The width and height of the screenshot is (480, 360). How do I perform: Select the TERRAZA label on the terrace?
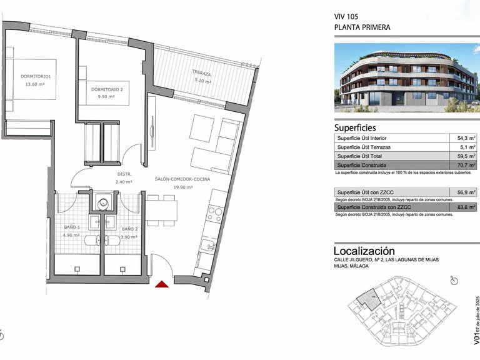point(202,73)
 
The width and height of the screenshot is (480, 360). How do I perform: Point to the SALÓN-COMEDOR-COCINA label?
point(182,179)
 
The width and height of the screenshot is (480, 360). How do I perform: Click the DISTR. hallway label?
point(124,174)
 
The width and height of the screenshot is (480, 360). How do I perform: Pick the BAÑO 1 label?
point(71,227)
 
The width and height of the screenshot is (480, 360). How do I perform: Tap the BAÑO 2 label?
point(131,229)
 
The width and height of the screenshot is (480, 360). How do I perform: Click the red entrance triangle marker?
point(162,285)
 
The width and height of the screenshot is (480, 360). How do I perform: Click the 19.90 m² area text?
point(182,187)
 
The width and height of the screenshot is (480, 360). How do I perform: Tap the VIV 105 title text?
point(347,17)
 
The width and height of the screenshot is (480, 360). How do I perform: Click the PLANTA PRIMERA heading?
point(362,27)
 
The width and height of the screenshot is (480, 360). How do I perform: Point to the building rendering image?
point(406,78)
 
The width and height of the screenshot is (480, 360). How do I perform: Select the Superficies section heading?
point(355,127)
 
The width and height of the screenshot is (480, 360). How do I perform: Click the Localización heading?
point(364,251)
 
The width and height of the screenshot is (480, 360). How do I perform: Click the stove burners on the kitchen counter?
point(214,214)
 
